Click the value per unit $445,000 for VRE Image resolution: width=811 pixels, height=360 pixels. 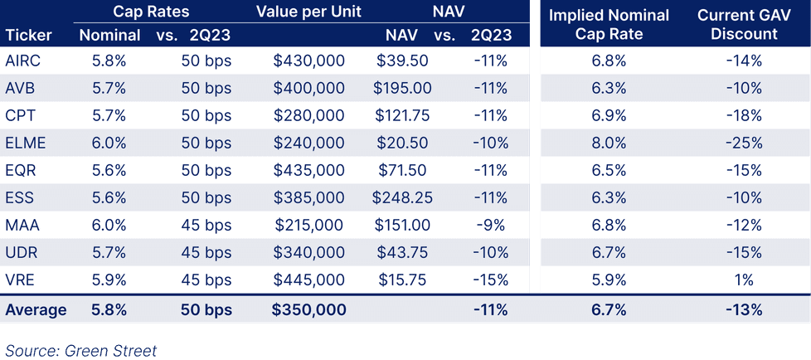pyautogui.click(x=308, y=280)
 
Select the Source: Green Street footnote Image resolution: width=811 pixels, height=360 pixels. pyautogui.click(x=80, y=349)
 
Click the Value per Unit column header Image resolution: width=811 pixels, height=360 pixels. pyautogui.click(x=308, y=12)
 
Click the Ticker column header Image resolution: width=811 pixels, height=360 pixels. pyautogui.click(x=29, y=35)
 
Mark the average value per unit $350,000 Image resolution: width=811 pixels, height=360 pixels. pyautogui.click(x=308, y=309)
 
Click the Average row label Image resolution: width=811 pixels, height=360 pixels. pyautogui.click(x=36, y=309)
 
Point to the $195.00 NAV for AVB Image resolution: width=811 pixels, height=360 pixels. pyautogui.click(x=402, y=88)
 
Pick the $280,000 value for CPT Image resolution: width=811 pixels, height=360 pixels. pyautogui.click(x=308, y=115)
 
